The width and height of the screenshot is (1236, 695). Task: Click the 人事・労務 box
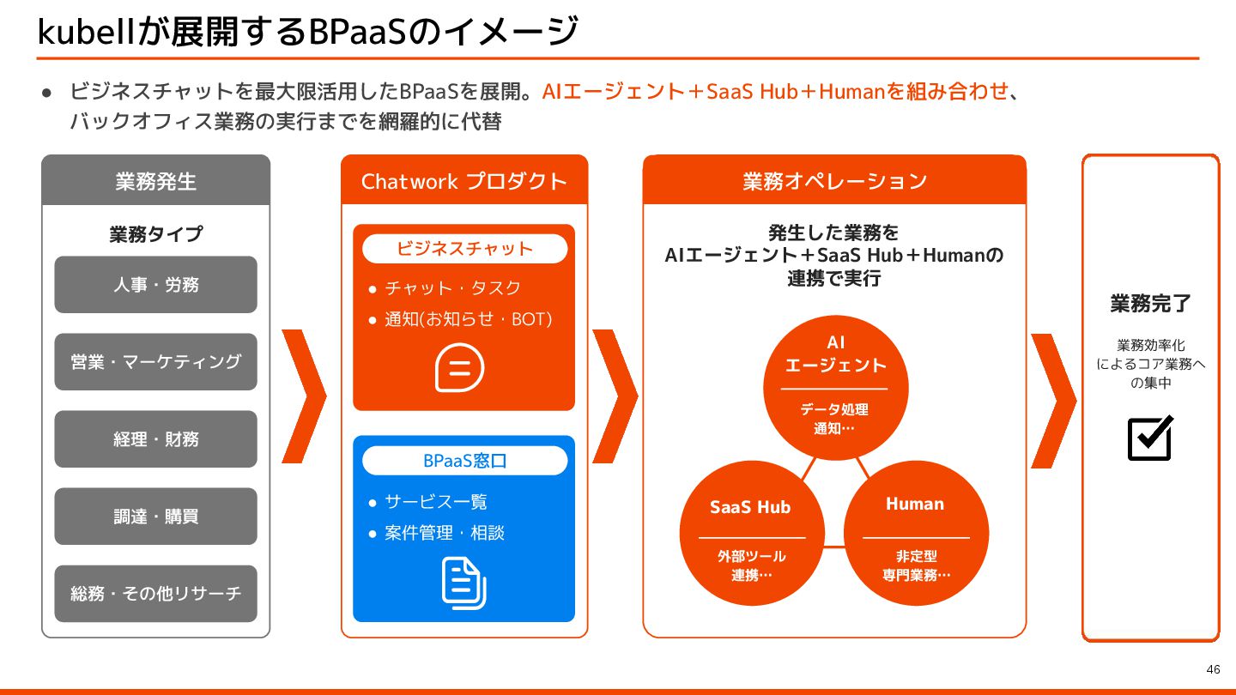point(155,284)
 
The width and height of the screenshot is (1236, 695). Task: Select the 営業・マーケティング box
point(155,361)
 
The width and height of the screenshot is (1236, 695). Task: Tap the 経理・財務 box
point(155,438)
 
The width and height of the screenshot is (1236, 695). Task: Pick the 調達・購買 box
point(155,516)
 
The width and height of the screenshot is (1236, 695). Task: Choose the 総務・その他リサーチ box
point(155,593)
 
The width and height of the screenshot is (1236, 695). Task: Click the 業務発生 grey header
point(155,181)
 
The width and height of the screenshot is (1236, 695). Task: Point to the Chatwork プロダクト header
point(464,181)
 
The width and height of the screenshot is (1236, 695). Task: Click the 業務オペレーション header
point(834,181)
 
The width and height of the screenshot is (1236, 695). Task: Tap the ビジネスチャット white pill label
point(464,249)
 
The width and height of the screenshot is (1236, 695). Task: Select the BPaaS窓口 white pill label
point(464,461)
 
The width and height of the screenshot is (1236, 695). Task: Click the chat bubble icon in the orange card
point(460,368)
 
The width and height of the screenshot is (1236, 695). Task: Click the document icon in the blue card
point(463,583)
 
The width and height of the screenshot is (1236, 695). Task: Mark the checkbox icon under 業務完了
point(1150,438)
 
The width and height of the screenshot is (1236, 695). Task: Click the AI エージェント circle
point(835,386)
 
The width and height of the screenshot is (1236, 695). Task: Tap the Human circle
point(916,532)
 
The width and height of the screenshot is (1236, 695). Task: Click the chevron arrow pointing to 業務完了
point(1053,400)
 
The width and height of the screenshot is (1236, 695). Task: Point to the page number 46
point(1213,669)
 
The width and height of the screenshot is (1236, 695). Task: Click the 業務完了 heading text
point(1150,304)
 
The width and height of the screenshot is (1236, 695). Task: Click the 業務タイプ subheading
point(155,234)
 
